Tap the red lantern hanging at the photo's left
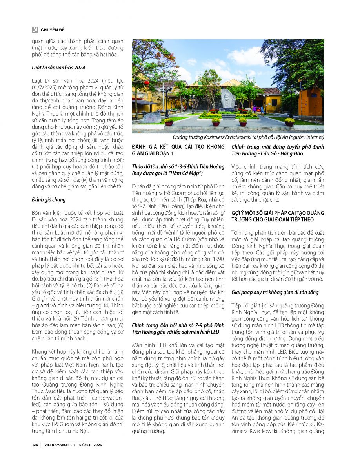[x=147, y=83]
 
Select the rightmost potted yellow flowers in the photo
[x=289, y=122]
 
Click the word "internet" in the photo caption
[x=314, y=137]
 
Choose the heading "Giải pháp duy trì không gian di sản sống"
[x=275, y=292]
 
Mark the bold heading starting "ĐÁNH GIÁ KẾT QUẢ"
[x=180, y=147]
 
